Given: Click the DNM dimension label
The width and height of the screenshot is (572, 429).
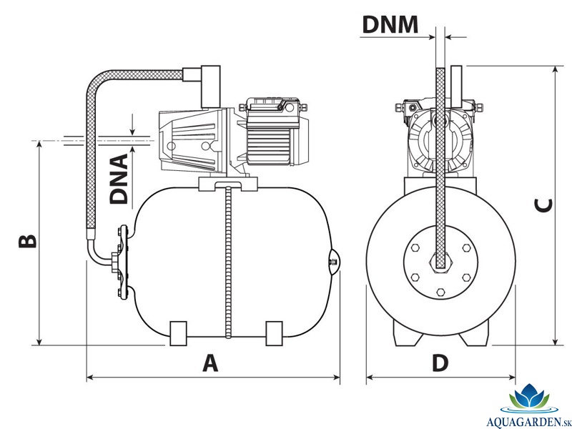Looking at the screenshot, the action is coord(390,25).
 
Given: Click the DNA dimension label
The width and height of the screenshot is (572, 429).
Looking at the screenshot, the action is coord(119,179).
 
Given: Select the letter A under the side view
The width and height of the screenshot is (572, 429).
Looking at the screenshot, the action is coord(210,363).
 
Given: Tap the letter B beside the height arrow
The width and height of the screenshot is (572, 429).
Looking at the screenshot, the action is coord(28,241).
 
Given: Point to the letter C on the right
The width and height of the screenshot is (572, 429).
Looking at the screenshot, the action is coord(543,205).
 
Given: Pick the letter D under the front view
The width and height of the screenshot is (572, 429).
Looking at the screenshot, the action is coord(440,363).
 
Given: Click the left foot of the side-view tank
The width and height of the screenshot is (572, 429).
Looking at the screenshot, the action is coord(178,333).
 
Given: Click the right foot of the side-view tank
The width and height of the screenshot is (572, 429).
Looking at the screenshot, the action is coord(274,333).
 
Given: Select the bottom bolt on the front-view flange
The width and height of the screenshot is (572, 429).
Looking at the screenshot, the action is coord(440,292).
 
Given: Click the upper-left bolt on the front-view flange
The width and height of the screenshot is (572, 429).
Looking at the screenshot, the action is coord(415,248).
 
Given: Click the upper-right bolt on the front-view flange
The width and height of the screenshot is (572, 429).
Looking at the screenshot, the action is coord(466,248).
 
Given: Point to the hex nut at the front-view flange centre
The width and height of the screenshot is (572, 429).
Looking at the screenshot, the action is coord(440,262).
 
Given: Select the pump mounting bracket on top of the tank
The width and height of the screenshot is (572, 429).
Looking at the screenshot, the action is coord(228,184).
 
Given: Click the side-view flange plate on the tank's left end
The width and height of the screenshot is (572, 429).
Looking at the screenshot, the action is coord(124,262).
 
